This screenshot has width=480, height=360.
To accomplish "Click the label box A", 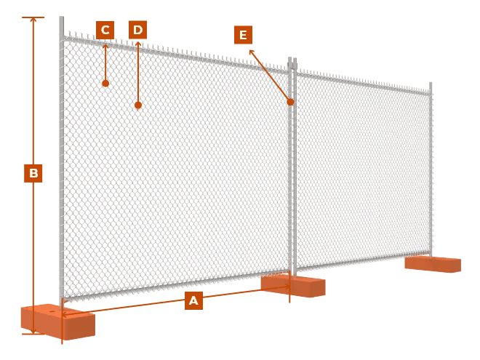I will point(193,300).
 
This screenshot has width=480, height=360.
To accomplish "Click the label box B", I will point(33,173).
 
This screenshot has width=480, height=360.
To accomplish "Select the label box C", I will point(105,31).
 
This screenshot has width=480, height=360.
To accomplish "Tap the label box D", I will point(137,31).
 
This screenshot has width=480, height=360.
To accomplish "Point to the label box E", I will point(243,35).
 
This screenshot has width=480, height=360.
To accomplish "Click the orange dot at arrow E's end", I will point(290,102).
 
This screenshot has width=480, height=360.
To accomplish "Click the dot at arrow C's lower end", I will point(105,84).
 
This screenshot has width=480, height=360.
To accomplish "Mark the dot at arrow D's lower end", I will point(137,105).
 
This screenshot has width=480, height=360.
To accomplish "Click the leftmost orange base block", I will point(57,321).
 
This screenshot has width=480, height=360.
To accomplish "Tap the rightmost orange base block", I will point(433,263).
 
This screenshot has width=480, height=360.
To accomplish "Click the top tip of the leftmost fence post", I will point(62,17).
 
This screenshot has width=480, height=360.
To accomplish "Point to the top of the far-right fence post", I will point(431,84).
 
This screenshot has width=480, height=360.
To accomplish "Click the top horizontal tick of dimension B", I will point(33,17).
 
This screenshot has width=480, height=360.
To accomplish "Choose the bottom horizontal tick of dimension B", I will point(33,334).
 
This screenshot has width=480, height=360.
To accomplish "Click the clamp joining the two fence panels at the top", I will point(292,65).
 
